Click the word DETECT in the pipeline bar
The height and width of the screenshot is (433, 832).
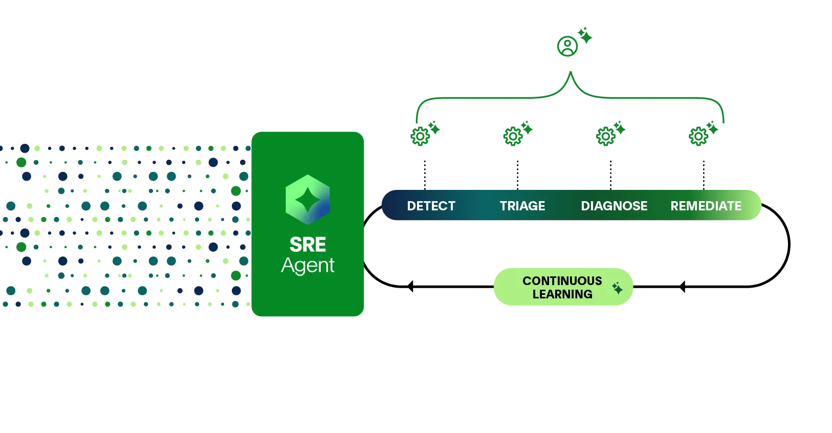click(x=431, y=206)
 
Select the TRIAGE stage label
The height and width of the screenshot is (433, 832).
click(x=522, y=206)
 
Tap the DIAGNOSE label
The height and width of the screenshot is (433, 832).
click(x=614, y=206)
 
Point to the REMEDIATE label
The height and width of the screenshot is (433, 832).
click(x=706, y=206)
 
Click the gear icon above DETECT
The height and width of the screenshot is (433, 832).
click(x=420, y=137)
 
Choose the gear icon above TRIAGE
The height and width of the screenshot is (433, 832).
click(x=513, y=137)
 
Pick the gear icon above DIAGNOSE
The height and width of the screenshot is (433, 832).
click(x=606, y=137)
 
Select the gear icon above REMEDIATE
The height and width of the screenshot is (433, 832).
click(x=698, y=137)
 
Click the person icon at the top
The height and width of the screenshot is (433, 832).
click(x=567, y=47)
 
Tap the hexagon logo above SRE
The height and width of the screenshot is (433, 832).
click(x=308, y=200)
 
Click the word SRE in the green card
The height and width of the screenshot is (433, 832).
click(x=308, y=245)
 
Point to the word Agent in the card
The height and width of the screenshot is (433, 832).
click(x=308, y=266)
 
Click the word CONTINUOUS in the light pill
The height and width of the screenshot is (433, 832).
click(x=562, y=280)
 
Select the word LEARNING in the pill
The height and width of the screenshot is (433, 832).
click(x=562, y=294)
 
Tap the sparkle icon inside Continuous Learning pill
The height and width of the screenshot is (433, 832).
click(x=618, y=288)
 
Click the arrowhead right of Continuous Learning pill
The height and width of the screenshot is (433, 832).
click(x=682, y=287)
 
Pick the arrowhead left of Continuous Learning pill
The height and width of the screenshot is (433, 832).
click(x=410, y=287)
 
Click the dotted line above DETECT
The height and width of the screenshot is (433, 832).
click(x=425, y=175)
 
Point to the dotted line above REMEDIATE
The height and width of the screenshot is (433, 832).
click(x=704, y=175)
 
